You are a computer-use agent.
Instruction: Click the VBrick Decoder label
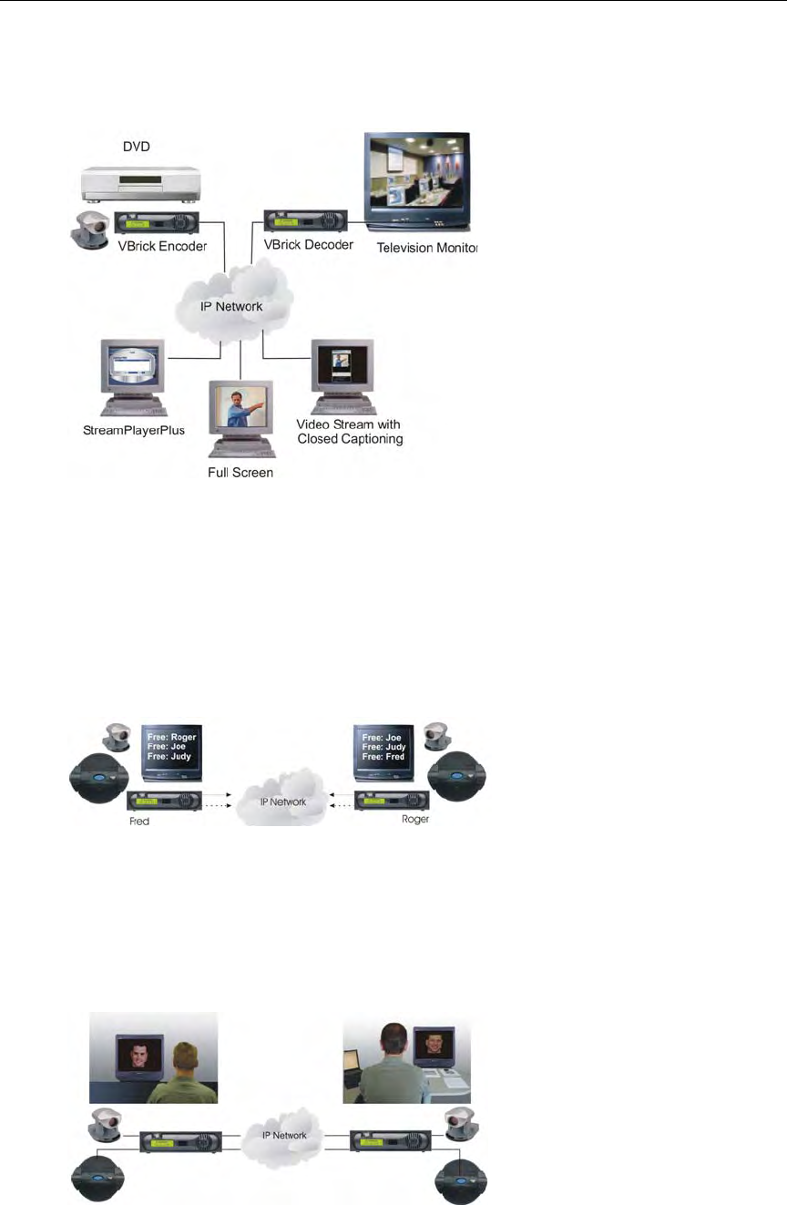(308, 245)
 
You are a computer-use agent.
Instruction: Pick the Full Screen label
(240, 474)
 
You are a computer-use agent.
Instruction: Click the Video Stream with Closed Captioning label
(350, 432)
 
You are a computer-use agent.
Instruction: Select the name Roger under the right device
(414, 819)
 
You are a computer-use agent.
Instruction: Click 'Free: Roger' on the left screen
(171, 737)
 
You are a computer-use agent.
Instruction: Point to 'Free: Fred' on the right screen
(383, 757)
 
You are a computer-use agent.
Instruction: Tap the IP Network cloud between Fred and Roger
(279, 802)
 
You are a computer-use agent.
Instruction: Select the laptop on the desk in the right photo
(357, 1059)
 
